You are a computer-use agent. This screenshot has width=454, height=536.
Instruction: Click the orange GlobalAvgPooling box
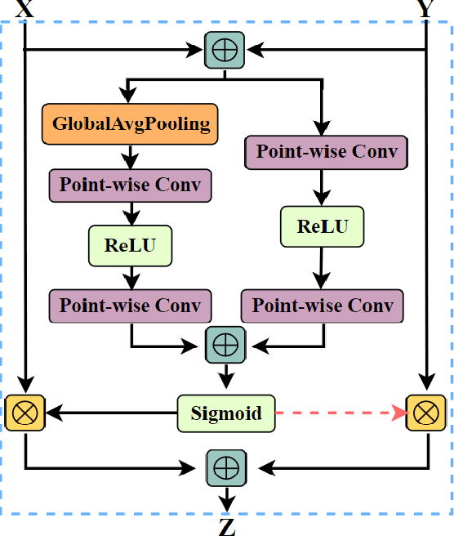point(131,124)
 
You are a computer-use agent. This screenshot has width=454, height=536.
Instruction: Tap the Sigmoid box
point(226,413)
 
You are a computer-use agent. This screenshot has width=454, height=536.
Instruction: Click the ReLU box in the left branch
point(131,244)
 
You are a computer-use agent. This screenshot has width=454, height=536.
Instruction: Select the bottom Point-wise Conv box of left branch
point(131,305)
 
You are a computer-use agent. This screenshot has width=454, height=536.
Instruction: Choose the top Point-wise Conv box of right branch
point(326,152)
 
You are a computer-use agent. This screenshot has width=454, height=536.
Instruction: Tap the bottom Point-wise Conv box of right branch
point(323,306)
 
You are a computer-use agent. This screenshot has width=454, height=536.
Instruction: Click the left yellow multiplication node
point(25,412)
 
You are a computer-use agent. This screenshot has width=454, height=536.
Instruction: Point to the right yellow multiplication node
point(426,412)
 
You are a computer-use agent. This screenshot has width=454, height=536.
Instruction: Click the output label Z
point(226,526)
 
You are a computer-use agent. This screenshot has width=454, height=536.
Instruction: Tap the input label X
point(25,8)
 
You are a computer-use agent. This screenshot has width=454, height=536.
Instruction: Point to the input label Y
point(426,8)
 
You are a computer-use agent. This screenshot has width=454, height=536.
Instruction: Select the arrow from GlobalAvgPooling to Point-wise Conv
point(131,156)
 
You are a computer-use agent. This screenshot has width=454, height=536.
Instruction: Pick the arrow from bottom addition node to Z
point(225,498)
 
